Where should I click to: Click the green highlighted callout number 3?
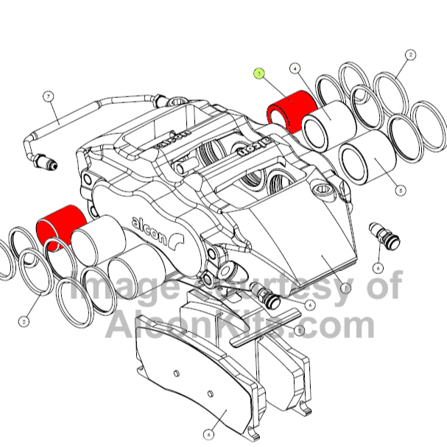258,74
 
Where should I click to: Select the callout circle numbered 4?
295,69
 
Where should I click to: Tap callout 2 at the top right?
410,54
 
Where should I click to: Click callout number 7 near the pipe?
48,96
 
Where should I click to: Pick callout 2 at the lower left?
25,320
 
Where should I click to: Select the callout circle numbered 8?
300,331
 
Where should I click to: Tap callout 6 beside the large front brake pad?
209,434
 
